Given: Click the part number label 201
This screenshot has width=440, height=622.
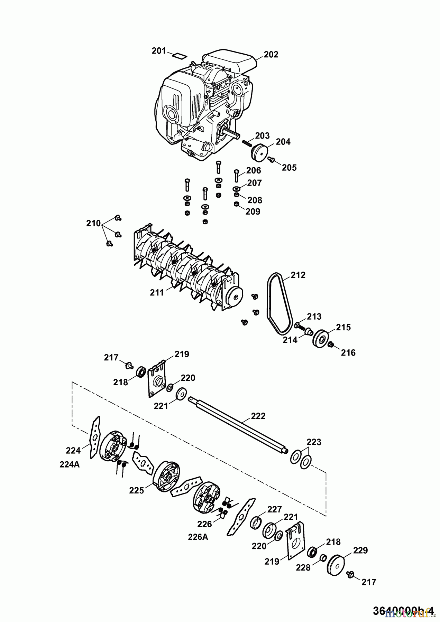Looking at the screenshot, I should coord(159,51).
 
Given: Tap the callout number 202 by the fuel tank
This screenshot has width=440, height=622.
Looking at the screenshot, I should coord(271,55).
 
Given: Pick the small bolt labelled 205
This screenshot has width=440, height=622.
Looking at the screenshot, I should coord(271,159).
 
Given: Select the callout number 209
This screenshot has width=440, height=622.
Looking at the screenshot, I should coord(253,211).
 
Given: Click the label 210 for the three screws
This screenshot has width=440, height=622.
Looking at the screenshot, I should coord(93,224).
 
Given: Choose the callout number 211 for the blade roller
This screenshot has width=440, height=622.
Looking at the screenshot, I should coord(157,293).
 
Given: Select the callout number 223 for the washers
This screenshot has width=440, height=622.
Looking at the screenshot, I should coord(314,442).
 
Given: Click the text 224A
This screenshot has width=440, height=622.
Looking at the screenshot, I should coord(70,465).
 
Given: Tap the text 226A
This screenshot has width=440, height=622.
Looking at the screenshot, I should coord(198,537).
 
